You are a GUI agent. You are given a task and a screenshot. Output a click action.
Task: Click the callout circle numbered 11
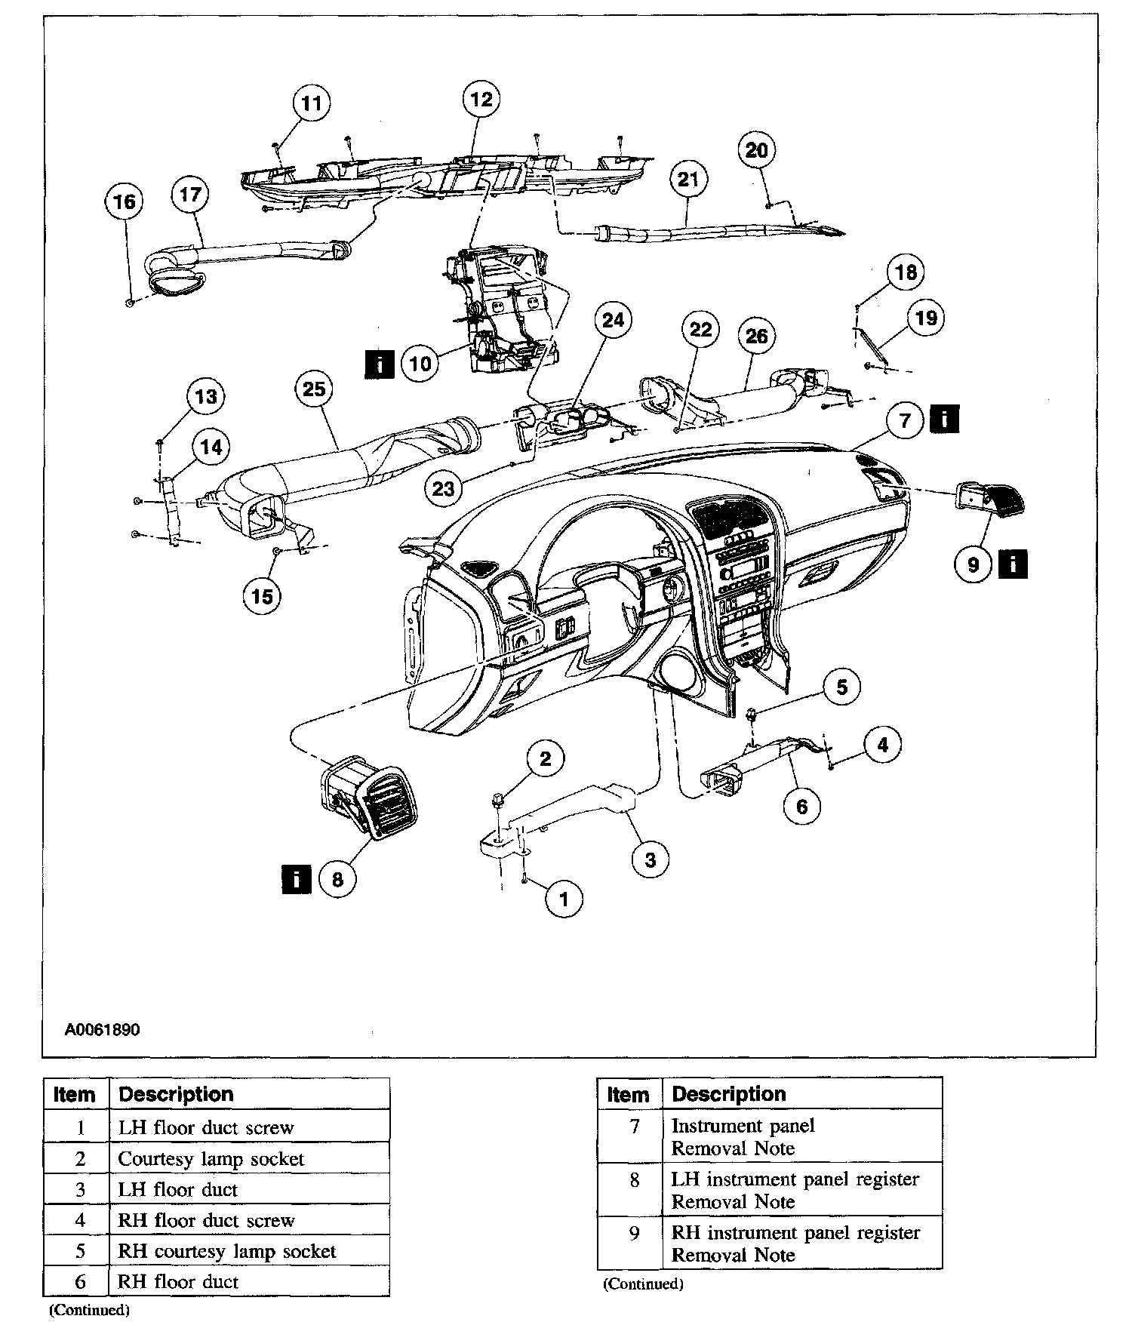click(x=312, y=103)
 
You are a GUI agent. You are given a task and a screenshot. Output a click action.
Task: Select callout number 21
click(x=687, y=180)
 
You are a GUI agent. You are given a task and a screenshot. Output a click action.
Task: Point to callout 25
click(x=314, y=389)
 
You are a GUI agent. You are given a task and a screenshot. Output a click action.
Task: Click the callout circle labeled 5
click(x=841, y=687)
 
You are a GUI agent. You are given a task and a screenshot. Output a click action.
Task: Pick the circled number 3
click(x=651, y=859)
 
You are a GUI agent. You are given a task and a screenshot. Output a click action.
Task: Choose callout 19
click(x=926, y=318)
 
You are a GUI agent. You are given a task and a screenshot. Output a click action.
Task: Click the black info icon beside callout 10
click(x=379, y=364)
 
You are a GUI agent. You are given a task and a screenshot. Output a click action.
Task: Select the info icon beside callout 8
click(x=296, y=879)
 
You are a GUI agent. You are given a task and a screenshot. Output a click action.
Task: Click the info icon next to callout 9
click(x=1013, y=564)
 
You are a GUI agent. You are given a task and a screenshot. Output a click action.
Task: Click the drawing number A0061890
click(x=102, y=1030)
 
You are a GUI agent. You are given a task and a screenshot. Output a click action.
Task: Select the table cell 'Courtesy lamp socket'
click(x=211, y=1159)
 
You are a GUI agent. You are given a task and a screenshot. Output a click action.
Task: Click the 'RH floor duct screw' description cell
click(x=206, y=1221)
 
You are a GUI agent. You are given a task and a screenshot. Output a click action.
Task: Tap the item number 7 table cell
click(x=635, y=1127)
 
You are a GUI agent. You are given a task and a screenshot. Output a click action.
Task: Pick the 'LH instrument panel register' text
click(x=795, y=1179)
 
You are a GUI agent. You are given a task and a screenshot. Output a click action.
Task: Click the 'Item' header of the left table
click(x=75, y=1095)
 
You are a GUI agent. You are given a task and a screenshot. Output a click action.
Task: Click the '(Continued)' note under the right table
click(x=643, y=1284)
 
